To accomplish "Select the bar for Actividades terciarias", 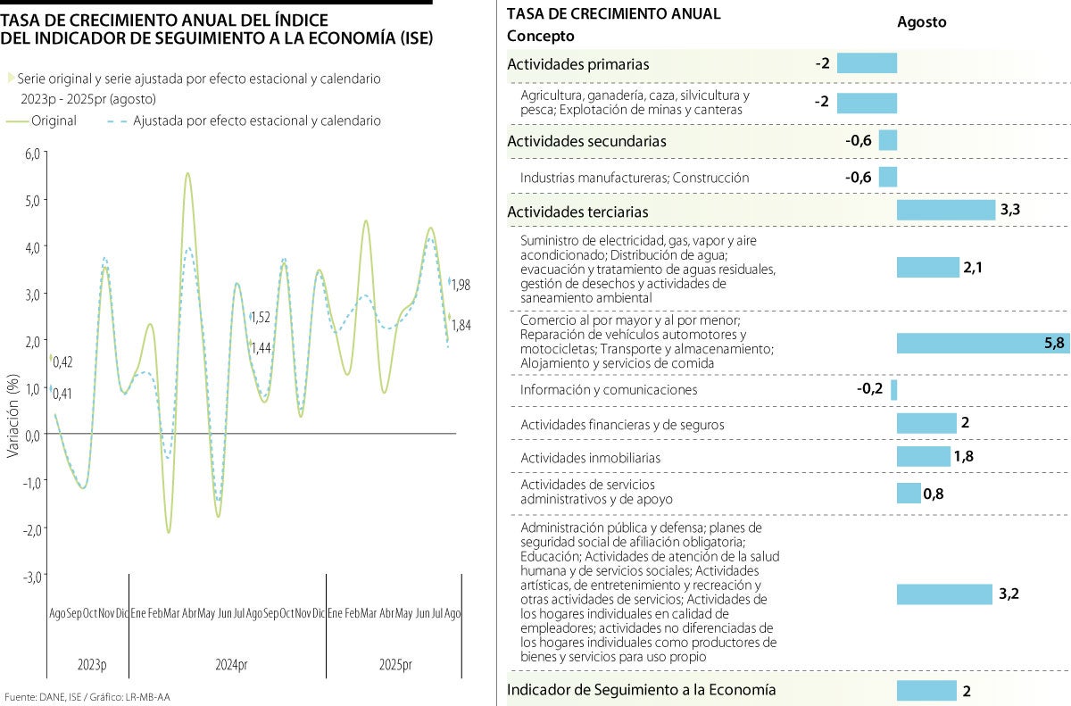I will pyautogui.click(x=945, y=210).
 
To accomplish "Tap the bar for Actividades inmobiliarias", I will pyautogui.click(x=924, y=457).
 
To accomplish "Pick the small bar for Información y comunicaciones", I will pyautogui.click(x=893, y=390).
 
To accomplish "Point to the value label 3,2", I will pyautogui.click(x=1009, y=594).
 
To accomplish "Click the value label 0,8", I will pyautogui.click(x=934, y=494).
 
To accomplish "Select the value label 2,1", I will pyautogui.click(x=974, y=267).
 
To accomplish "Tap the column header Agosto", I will pyautogui.click(x=922, y=22).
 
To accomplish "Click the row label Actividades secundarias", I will pyautogui.click(x=586, y=141).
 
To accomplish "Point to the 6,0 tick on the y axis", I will pyautogui.click(x=33, y=153).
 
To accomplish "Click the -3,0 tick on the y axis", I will pyautogui.click(x=31, y=577).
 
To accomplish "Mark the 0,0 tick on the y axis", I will pyautogui.click(x=33, y=436).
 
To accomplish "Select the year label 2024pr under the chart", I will pyautogui.click(x=231, y=665).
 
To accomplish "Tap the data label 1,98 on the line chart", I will pyautogui.click(x=461, y=285).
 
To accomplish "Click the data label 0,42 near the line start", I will pyautogui.click(x=62, y=361).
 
